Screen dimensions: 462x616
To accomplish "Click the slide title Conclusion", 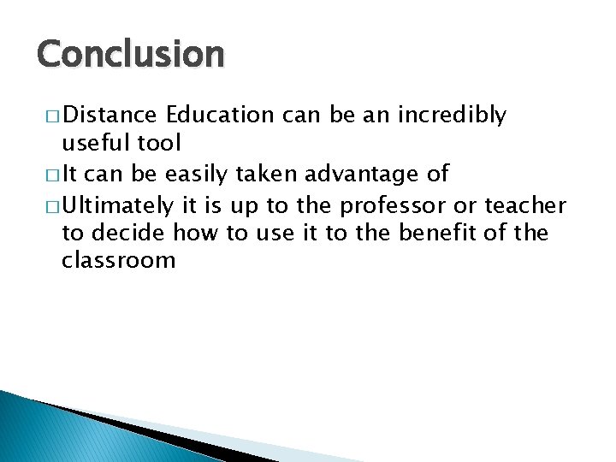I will pyautogui.click(x=130, y=55).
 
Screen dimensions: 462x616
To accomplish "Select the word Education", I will pyautogui.click(x=221, y=115).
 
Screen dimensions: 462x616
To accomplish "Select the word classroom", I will pyautogui.click(x=118, y=260).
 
